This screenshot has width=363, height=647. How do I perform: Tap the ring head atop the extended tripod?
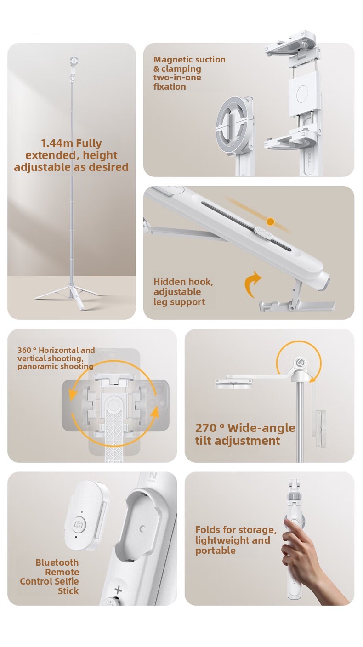pos(74,61)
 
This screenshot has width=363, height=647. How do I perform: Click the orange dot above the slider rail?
pos(271,222)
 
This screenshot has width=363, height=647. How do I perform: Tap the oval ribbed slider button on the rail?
pos(263,233)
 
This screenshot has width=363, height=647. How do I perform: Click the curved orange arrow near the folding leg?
pos(252,284)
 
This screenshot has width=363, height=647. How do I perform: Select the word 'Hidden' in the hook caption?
pos(167,282)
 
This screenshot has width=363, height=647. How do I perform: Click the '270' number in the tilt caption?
pos(206,428)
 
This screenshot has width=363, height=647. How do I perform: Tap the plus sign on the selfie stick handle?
pos(118,590)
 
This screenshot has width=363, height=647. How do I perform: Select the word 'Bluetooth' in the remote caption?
pos(57,562)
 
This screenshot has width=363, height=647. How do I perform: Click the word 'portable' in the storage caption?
pos(216,551)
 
